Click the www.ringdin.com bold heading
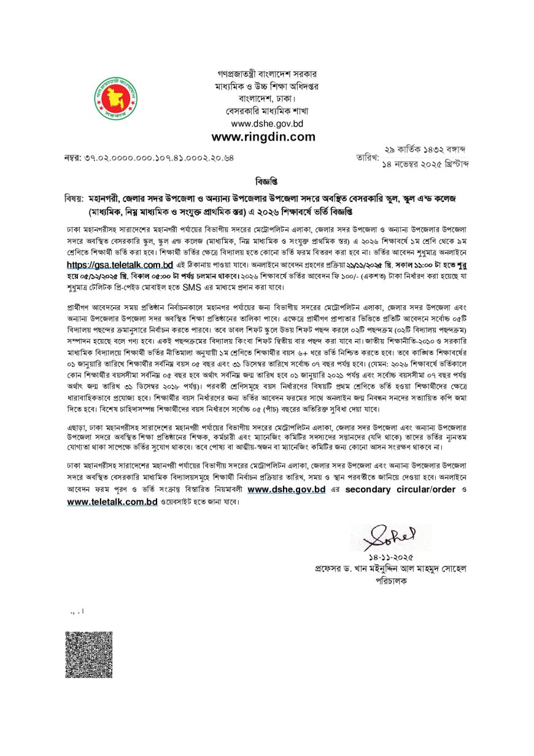point(263,136)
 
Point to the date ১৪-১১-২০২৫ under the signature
point(387,558)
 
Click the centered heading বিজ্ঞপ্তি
point(266,182)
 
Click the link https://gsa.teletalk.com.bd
point(120,265)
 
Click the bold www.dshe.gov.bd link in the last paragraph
point(286,489)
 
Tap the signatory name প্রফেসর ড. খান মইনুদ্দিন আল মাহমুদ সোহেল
point(390,569)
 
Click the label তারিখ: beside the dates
point(367,158)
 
